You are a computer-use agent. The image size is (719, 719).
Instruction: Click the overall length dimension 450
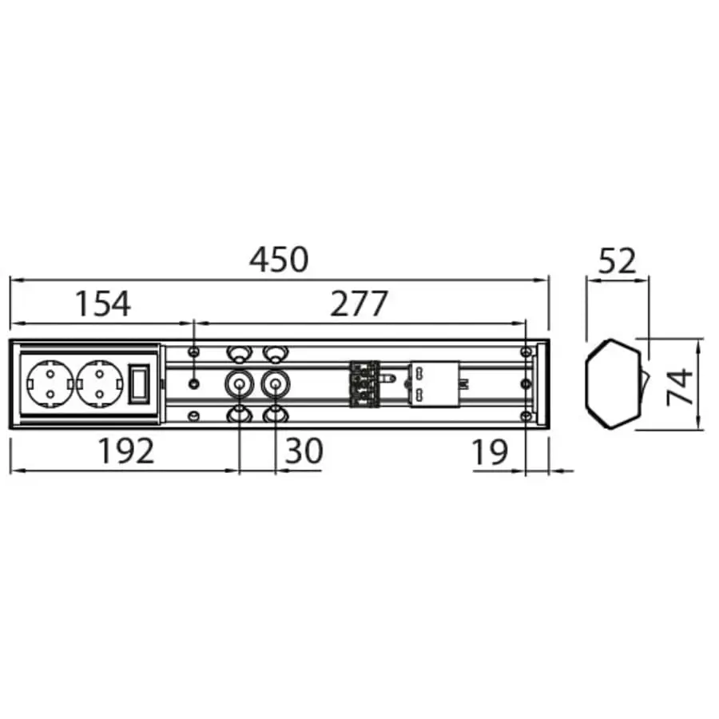pyautogui.click(x=278, y=260)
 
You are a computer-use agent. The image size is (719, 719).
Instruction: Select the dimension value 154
pyautogui.click(x=102, y=304)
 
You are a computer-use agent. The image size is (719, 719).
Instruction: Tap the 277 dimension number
pyautogui.click(x=359, y=304)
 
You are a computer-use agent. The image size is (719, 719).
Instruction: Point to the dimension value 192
pyautogui.click(x=125, y=452)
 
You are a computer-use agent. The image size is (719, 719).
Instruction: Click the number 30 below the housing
pyautogui.click(x=304, y=452)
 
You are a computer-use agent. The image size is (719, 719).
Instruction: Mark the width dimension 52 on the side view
pyautogui.click(x=617, y=261)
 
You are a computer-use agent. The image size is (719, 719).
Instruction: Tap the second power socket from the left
pyautogui.click(x=99, y=384)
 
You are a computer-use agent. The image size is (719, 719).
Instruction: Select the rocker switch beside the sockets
pyautogui.click(x=140, y=383)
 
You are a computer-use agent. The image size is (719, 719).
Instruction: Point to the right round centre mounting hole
pyautogui.click(x=275, y=384)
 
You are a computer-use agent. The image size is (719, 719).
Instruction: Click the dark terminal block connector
pyautogui.click(x=363, y=384)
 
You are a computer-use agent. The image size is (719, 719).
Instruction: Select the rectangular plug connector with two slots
pyautogui.click(x=431, y=384)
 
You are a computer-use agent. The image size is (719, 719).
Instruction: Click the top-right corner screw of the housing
pyautogui.click(x=525, y=352)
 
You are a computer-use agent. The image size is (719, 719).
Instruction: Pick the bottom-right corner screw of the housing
pyautogui.click(x=525, y=416)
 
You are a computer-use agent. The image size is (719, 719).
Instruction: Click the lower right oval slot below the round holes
pyautogui.click(x=275, y=415)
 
